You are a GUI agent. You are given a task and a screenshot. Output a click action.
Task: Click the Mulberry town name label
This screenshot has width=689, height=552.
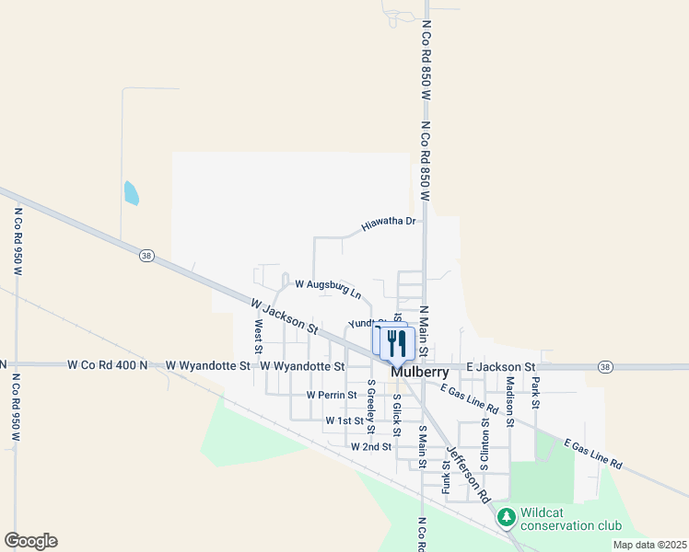(x=419, y=373)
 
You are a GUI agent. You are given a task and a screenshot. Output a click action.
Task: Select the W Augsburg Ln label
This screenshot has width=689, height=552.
(x=328, y=289)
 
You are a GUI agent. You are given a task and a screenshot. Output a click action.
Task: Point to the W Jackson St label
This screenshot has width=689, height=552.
(x=284, y=316)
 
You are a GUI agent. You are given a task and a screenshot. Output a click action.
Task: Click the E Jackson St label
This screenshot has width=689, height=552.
(x=501, y=366)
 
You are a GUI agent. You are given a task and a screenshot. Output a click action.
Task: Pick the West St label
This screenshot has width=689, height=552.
(x=259, y=337)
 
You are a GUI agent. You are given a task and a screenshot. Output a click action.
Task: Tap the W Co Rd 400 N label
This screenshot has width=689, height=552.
(x=108, y=365)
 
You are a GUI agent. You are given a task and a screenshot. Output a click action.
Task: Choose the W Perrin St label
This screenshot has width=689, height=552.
(x=332, y=395)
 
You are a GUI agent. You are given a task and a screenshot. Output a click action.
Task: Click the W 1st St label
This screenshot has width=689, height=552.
(x=344, y=420)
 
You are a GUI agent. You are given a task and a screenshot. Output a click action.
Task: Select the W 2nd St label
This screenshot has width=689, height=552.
(x=371, y=446)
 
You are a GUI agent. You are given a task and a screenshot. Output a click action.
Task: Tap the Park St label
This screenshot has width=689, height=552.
(x=535, y=392)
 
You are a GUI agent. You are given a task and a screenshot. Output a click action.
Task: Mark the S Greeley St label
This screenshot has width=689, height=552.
(x=371, y=406)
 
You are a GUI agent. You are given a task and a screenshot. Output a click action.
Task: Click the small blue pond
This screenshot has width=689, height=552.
(x=131, y=192)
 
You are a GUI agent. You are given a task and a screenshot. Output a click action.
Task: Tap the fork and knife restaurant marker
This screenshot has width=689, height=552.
(x=396, y=343)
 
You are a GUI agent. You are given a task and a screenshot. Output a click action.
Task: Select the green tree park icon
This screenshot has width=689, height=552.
(x=506, y=517)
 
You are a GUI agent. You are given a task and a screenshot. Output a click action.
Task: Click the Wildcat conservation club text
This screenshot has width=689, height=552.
(x=570, y=519)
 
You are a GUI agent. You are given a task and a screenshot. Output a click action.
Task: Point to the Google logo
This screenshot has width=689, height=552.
(x=30, y=541)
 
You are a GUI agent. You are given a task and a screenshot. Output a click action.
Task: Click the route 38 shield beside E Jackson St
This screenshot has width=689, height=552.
(x=604, y=366)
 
